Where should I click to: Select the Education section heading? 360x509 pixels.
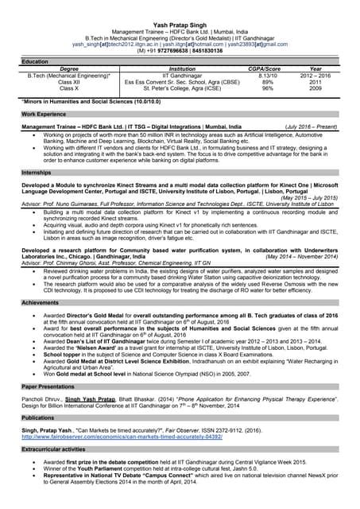[x=35, y=61]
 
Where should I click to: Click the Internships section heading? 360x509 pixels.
[x=37, y=172]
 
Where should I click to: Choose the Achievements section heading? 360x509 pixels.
[x=40, y=303]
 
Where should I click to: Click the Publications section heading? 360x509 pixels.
[x=38, y=417]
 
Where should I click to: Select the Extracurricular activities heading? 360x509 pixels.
[x=54, y=449]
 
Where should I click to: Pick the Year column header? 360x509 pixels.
[x=315, y=69]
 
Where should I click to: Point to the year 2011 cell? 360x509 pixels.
[x=315, y=82]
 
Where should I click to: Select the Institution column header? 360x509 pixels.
[x=183, y=69]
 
